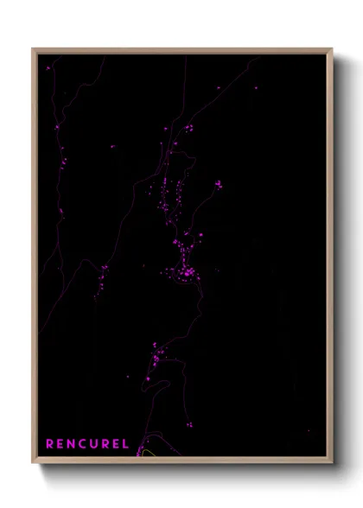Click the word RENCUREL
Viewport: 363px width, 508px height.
[87, 444]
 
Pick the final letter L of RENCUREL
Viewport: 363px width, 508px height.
[126, 444]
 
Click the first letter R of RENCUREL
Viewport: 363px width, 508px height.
[50, 444]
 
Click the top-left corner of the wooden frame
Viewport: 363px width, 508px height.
[33, 49]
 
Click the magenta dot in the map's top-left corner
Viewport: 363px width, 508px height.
[49, 66]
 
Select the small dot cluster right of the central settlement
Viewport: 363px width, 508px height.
[218, 184]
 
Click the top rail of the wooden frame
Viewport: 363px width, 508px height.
[182, 51]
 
